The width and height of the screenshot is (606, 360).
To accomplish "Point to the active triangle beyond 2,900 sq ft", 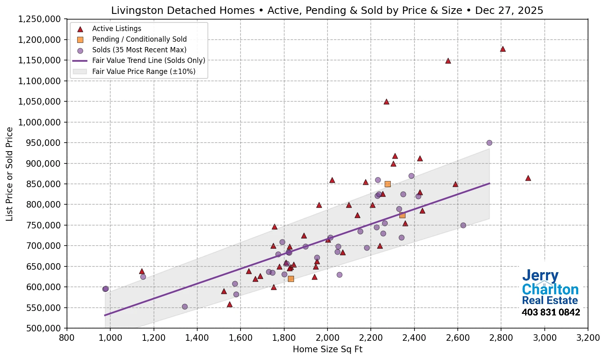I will click(528, 178).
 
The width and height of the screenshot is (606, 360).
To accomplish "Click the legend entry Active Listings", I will click(116, 29).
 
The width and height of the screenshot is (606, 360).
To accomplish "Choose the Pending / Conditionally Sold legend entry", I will click(139, 39).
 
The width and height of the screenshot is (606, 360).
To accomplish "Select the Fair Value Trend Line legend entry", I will click(149, 60).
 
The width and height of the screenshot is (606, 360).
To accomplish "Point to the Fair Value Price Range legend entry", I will click(144, 72).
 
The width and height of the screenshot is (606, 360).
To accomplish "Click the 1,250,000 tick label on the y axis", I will click(40, 19).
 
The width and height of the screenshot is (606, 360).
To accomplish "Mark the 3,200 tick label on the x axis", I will click(588, 338).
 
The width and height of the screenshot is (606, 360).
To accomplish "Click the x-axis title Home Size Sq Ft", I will click(328, 349).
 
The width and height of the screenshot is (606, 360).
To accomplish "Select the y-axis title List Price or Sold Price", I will click(9, 174).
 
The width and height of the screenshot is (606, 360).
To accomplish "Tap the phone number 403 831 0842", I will click(550, 313).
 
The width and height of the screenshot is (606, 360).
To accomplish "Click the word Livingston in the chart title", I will click(137, 11).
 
